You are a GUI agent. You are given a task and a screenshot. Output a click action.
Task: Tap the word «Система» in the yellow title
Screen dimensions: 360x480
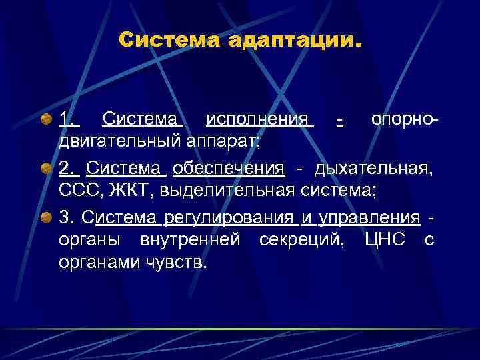tap(170, 41)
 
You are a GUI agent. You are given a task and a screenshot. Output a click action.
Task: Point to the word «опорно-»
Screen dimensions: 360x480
tap(405, 121)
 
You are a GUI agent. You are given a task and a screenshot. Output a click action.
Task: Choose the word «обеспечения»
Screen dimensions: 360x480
tap(229, 169)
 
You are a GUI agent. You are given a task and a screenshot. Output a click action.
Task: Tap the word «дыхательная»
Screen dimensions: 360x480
tap(374, 169)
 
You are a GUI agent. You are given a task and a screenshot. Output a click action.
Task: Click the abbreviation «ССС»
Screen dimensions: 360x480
tap(79, 190)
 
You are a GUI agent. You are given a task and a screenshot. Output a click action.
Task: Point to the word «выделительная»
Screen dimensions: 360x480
tap(220, 190)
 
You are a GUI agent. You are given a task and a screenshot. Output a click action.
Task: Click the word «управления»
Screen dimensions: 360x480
tap(370, 217)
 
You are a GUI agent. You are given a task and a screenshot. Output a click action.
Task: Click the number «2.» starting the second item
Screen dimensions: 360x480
tap(67, 169)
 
